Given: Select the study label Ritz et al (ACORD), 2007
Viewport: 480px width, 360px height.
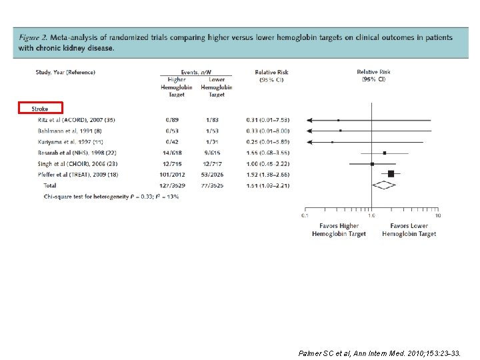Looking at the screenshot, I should pos(76,120).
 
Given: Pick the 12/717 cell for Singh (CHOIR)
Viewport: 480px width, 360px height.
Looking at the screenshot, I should pos(217,163).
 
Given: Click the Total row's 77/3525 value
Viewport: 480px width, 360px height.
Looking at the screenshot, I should pos(217,185).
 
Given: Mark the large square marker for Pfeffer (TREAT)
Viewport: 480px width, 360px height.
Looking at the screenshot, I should pos(391,174).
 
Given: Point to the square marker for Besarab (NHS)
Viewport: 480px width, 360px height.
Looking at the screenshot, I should pos(385,153).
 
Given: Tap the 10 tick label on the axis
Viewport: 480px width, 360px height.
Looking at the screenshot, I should pos(438,215).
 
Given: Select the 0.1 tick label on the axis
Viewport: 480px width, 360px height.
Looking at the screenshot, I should pos(305,215).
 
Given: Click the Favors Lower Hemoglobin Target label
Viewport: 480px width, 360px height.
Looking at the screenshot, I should pos(409,230).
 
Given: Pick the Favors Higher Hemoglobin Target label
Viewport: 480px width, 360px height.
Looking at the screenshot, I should pos(339,230).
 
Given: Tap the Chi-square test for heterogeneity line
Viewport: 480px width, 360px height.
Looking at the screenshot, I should pos(111,197).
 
